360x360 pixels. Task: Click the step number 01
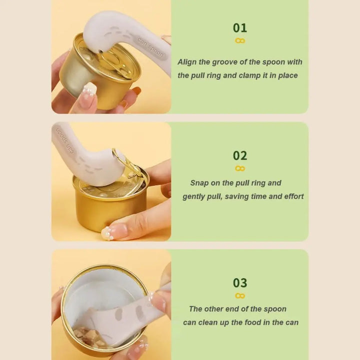click(x=240, y=28)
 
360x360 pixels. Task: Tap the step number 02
click(x=240, y=155)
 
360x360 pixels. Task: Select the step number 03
click(x=240, y=283)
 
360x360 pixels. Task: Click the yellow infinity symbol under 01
click(x=240, y=41)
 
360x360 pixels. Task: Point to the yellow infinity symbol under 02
click(x=240, y=168)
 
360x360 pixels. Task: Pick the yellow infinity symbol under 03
click(x=240, y=295)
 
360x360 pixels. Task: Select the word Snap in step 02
click(x=199, y=183)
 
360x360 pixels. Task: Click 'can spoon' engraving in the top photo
click(x=151, y=48)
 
